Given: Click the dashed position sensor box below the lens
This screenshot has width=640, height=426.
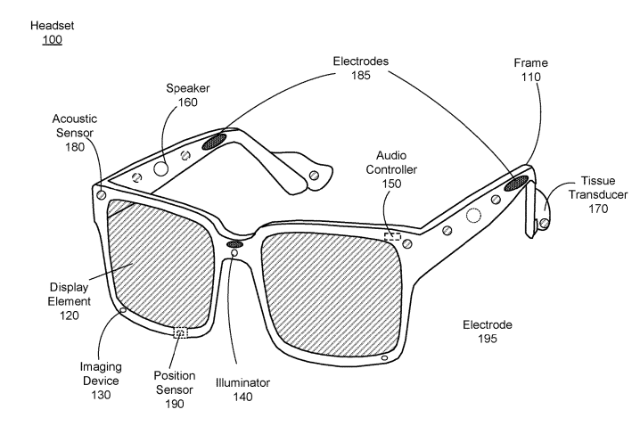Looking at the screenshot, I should [181, 333].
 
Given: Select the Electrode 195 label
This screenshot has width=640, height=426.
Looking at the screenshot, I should [488, 332].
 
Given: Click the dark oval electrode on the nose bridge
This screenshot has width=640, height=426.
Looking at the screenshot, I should [235, 242].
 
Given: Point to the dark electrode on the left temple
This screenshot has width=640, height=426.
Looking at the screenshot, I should [214, 141].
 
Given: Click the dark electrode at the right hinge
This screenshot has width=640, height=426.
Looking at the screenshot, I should [516, 182].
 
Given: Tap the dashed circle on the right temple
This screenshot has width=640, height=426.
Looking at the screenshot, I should [473, 215].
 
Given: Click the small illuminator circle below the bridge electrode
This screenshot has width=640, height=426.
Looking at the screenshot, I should [234, 254].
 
